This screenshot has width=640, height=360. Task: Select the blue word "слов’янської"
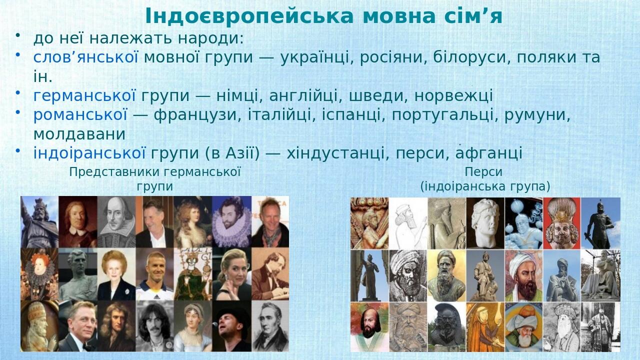coord(85,57)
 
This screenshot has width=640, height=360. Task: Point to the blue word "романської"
coord(80,115)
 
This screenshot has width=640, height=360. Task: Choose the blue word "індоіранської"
coord(89,153)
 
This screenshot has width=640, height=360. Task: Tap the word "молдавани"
coord(79,134)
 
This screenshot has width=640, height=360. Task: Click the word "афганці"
coord(488,153)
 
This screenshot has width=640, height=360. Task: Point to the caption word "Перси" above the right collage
coord(483,172)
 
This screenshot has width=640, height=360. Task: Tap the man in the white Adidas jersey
coord(154,274)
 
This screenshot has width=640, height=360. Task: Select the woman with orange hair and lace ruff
coord(39,274)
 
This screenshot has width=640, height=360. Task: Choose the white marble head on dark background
coord(485,222)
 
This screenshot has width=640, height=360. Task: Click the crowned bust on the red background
coord(561,222)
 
